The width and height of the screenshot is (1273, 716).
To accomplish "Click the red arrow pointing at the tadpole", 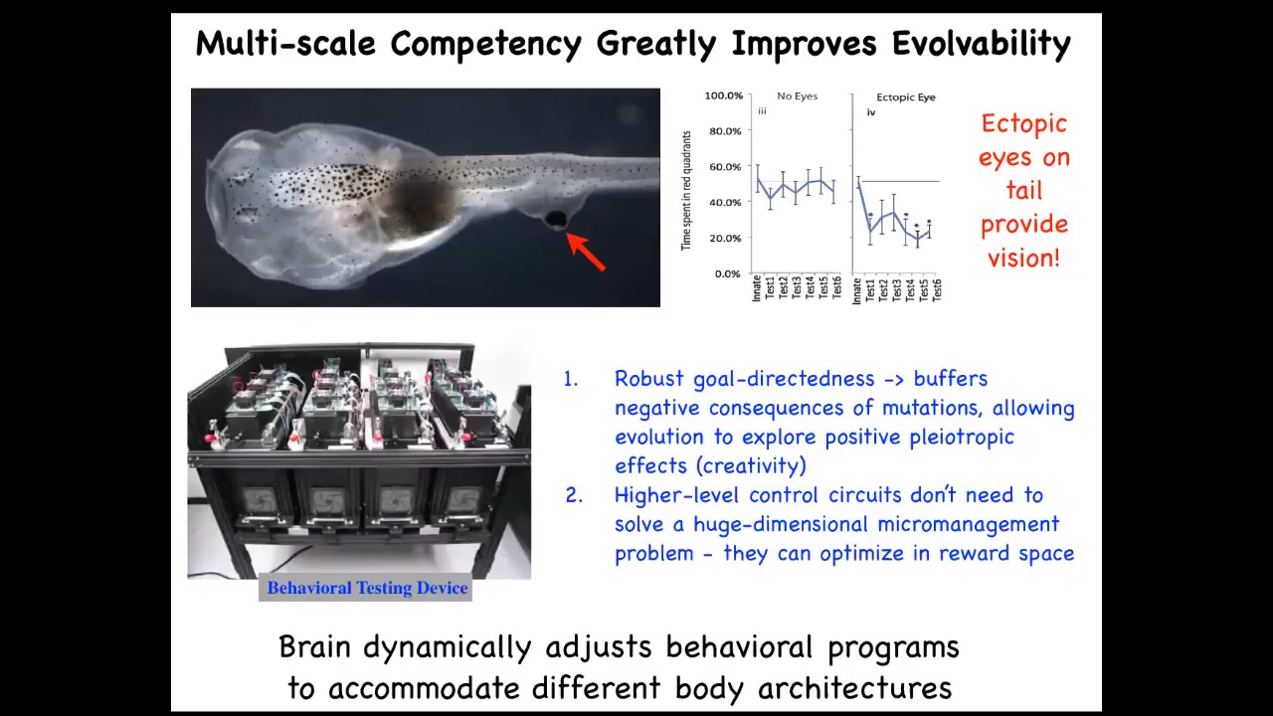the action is pos(586,252).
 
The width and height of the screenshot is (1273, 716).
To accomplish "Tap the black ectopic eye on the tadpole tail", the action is pos(556,219).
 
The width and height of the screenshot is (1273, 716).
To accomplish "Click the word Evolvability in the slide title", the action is pos(982,44).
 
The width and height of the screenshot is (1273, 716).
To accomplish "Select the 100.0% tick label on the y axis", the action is pos(723,95).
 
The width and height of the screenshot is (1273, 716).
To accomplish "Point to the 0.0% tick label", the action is pos(727,273).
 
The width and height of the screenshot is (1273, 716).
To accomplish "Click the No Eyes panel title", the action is pos(797,96).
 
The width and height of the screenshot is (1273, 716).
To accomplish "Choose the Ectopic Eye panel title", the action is pos(906,97).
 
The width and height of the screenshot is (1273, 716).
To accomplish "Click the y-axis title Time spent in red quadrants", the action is pos(686,190).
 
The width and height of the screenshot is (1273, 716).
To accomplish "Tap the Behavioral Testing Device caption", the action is pos(367,588).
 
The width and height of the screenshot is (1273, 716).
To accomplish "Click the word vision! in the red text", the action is pos(1023,258).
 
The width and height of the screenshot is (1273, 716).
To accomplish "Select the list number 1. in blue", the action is pos(571,379).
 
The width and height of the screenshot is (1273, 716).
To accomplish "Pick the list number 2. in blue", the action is pos(574,495).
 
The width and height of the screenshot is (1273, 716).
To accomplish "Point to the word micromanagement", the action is pos(969,524).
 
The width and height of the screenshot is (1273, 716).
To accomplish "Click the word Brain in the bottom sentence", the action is pos(314,646).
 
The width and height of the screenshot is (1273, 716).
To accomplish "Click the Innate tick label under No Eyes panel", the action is pos(757,288).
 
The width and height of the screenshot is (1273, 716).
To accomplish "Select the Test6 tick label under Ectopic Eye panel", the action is pos(937,289).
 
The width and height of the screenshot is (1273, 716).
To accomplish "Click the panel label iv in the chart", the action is pos(870,112).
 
